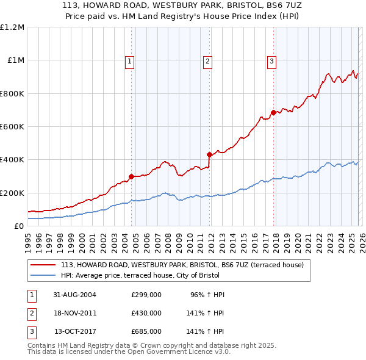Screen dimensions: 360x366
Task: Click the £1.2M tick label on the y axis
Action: point(12,27)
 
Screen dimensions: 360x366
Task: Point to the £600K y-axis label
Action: point(12,126)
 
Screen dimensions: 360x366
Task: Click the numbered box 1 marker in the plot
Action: point(131,60)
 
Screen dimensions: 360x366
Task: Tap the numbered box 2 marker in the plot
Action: point(208,60)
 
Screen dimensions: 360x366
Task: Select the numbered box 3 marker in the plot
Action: point(271,60)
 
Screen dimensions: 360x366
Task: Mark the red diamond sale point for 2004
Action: point(131,176)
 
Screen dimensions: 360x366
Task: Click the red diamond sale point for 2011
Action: point(209,154)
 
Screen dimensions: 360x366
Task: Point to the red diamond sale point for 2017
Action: point(273,112)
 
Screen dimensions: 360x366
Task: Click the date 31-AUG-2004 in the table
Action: point(75,295)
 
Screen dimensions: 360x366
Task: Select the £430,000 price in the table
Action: point(146,313)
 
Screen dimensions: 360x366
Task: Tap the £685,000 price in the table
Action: point(146,331)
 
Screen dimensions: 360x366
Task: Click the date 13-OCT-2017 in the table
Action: point(75,331)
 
